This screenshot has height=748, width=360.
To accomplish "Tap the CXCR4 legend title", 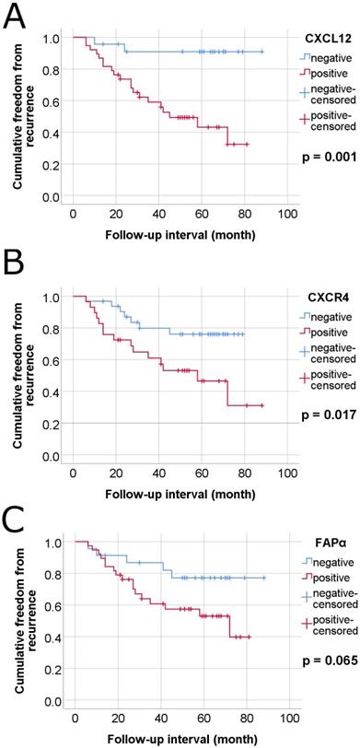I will click(x=331, y=297).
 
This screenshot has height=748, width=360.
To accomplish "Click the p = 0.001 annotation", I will click(x=331, y=158).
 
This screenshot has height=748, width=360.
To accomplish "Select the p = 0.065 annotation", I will click(x=331, y=661).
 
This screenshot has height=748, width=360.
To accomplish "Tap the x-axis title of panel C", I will click(x=180, y=740).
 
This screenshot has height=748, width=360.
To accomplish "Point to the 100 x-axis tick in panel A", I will click(x=287, y=215).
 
